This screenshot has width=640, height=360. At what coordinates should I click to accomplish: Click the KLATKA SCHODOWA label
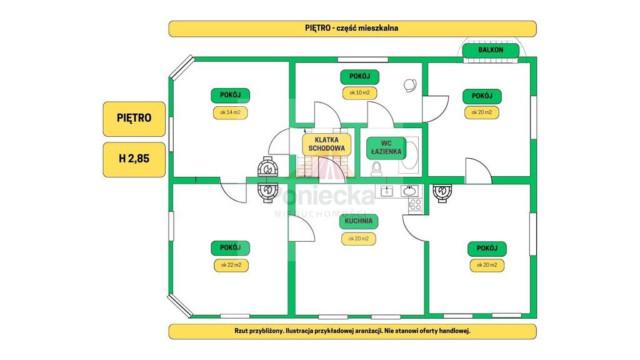click(x=327, y=145)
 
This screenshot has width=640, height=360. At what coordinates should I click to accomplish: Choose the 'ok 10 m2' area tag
click(x=359, y=93)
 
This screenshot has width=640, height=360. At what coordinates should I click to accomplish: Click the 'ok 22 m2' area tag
click(x=231, y=264)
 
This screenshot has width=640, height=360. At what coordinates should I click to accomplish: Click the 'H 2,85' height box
click(x=134, y=159)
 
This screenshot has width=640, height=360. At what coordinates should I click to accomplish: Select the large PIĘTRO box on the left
click(x=134, y=118)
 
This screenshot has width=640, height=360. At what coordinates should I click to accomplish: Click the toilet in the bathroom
click(x=376, y=168)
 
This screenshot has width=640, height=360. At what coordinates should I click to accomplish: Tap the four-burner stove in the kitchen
click(x=415, y=204)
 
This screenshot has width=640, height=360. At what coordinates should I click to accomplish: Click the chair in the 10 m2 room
click(x=411, y=84)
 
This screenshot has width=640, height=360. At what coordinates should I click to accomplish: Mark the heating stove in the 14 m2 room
click(x=269, y=169)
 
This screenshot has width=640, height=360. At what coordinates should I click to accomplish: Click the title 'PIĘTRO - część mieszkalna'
click(x=352, y=29)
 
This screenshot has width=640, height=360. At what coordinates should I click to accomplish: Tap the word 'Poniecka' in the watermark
click(x=325, y=196)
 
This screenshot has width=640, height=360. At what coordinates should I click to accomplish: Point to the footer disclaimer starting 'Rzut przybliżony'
click(x=352, y=331)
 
